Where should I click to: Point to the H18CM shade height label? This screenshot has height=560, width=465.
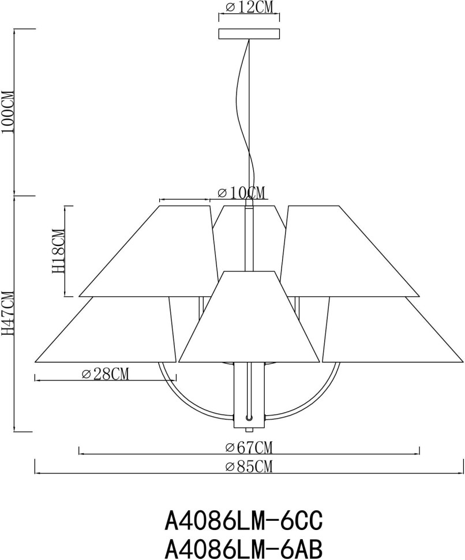[58, 251]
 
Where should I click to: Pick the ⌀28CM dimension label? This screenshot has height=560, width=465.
[105, 374]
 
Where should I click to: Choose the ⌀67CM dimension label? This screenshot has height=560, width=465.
[249, 447]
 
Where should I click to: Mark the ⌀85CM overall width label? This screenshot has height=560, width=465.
[249, 467]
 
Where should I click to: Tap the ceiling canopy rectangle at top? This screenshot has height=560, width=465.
[249, 34]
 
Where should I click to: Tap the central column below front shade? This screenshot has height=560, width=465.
[249, 395]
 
